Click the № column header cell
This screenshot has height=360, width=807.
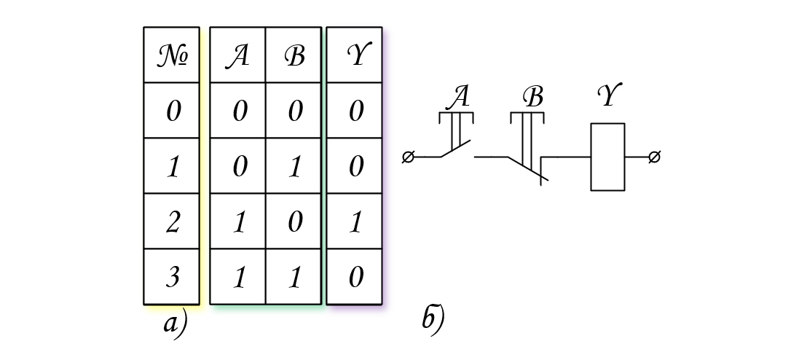tap(171, 55)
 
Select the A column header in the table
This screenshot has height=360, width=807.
tap(237, 55)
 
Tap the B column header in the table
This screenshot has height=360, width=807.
tap(294, 55)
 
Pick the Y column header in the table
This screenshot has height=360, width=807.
tap(355, 55)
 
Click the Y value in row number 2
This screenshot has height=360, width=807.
tap(355, 222)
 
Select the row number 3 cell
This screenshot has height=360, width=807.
tap(171, 277)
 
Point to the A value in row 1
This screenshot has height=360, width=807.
tap(237, 166)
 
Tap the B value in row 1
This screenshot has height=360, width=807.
tap(294, 166)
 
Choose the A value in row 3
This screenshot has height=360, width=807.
tap(237, 277)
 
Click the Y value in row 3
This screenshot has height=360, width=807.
tap(355, 277)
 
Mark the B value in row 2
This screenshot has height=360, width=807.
tap(294, 222)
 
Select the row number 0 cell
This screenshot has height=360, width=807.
tap(171, 110)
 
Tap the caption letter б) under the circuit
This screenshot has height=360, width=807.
tap(433, 319)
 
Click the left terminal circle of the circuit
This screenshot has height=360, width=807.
tap(408, 157)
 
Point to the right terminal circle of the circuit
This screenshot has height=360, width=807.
tap(654, 157)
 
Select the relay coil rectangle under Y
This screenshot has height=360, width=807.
tap(608, 157)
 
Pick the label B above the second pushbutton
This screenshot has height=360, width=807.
tap(532, 96)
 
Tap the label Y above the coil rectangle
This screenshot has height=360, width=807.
tap(610, 94)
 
